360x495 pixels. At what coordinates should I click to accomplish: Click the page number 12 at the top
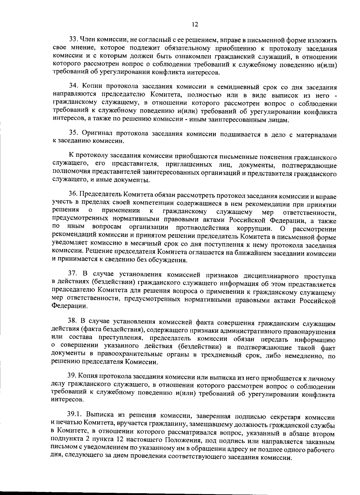pos(195,25)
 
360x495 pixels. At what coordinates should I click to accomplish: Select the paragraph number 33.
pos(73,39)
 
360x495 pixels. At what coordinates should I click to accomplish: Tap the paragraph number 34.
pos(73,87)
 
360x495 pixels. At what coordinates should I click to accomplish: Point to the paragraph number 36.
pos(73,196)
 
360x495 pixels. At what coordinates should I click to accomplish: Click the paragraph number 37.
pos(73,274)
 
